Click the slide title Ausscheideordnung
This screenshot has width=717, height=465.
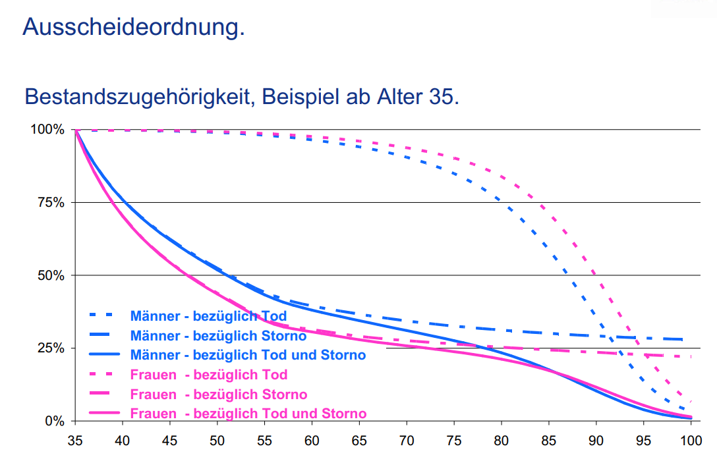point(133,26)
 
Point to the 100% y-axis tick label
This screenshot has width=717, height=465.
point(47,130)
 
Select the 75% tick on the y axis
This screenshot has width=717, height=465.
point(51,202)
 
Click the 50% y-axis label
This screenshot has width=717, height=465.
point(51,275)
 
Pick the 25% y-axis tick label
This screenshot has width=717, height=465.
point(51,348)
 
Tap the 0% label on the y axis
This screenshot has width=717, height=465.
point(54,420)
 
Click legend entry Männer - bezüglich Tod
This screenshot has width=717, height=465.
point(208,316)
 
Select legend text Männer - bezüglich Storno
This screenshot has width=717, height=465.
point(218,336)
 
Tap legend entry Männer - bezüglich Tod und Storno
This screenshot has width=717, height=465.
point(248,355)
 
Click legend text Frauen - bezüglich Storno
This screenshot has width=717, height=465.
point(219,395)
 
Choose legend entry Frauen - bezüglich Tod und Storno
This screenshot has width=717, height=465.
point(248,414)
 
